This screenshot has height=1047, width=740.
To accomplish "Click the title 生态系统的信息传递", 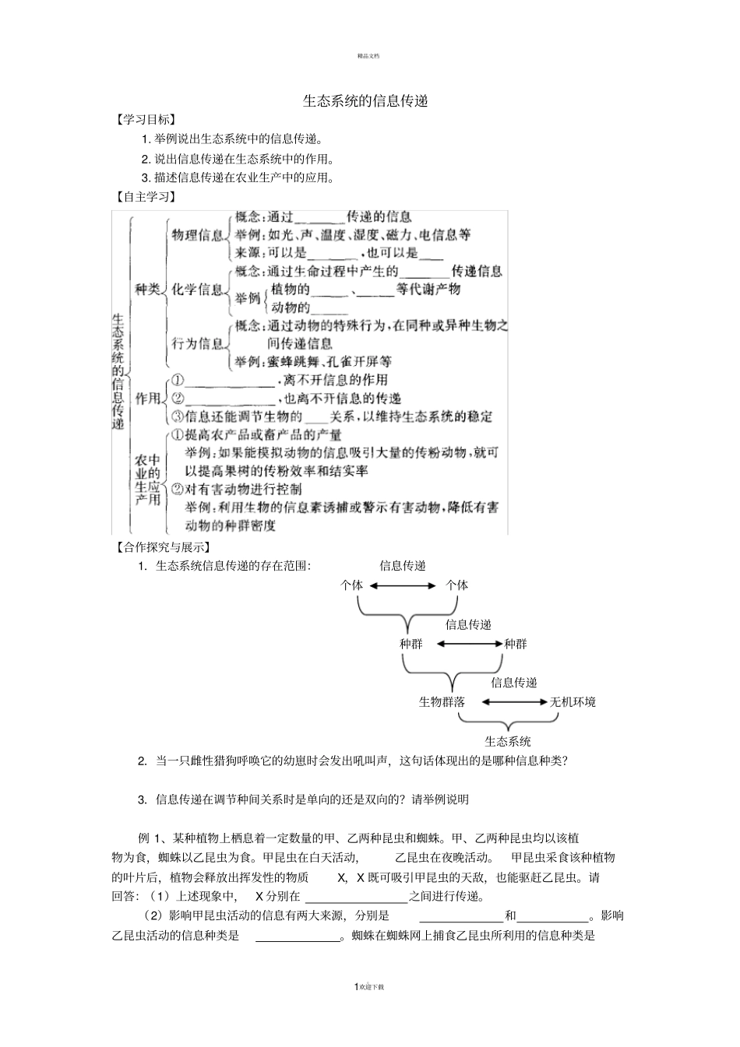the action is (x=365, y=101).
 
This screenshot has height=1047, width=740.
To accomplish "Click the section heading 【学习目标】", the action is (x=144, y=120).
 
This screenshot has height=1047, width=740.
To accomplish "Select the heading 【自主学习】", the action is (x=144, y=197).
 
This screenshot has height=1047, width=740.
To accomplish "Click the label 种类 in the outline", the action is (x=147, y=290).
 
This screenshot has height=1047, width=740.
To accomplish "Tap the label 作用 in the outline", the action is (x=147, y=399).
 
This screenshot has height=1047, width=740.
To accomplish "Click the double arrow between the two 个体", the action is (x=404, y=585).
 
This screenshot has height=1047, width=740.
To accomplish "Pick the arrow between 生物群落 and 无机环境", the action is (x=514, y=701).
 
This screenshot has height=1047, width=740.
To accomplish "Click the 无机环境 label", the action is (x=573, y=701).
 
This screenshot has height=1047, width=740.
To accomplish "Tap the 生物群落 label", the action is (x=442, y=701).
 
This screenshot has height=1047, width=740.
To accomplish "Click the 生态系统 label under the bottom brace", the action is (x=507, y=741).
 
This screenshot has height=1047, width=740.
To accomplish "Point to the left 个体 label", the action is (x=352, y=585).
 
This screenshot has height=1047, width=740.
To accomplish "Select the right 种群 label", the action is (x=515, y=644).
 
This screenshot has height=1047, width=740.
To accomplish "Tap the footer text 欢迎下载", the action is (x=372, y=987).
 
